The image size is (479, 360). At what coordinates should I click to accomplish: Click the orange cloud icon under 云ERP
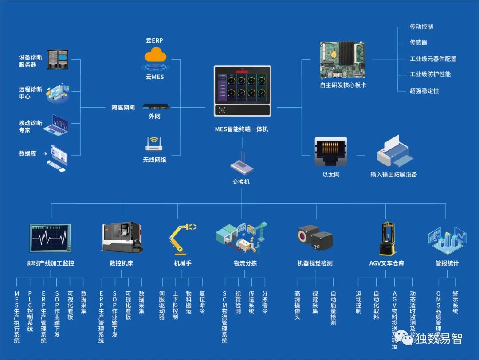tap(155, 55)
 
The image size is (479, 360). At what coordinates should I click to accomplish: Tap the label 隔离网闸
tap(123, 108)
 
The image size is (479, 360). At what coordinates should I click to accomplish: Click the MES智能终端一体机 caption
tap(242, 129)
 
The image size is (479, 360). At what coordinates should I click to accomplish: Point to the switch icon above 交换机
tap(242, 166)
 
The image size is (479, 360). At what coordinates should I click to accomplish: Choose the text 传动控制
tap(421, 27)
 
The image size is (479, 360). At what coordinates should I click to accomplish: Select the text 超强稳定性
tap(424, 90)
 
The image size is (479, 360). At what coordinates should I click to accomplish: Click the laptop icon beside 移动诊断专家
tap(58, 125)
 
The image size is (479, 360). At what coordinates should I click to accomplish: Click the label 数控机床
tap(121, 263)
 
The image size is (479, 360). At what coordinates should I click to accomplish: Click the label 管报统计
tap(447, 263)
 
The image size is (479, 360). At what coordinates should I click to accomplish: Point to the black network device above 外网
tap(155, 107)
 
